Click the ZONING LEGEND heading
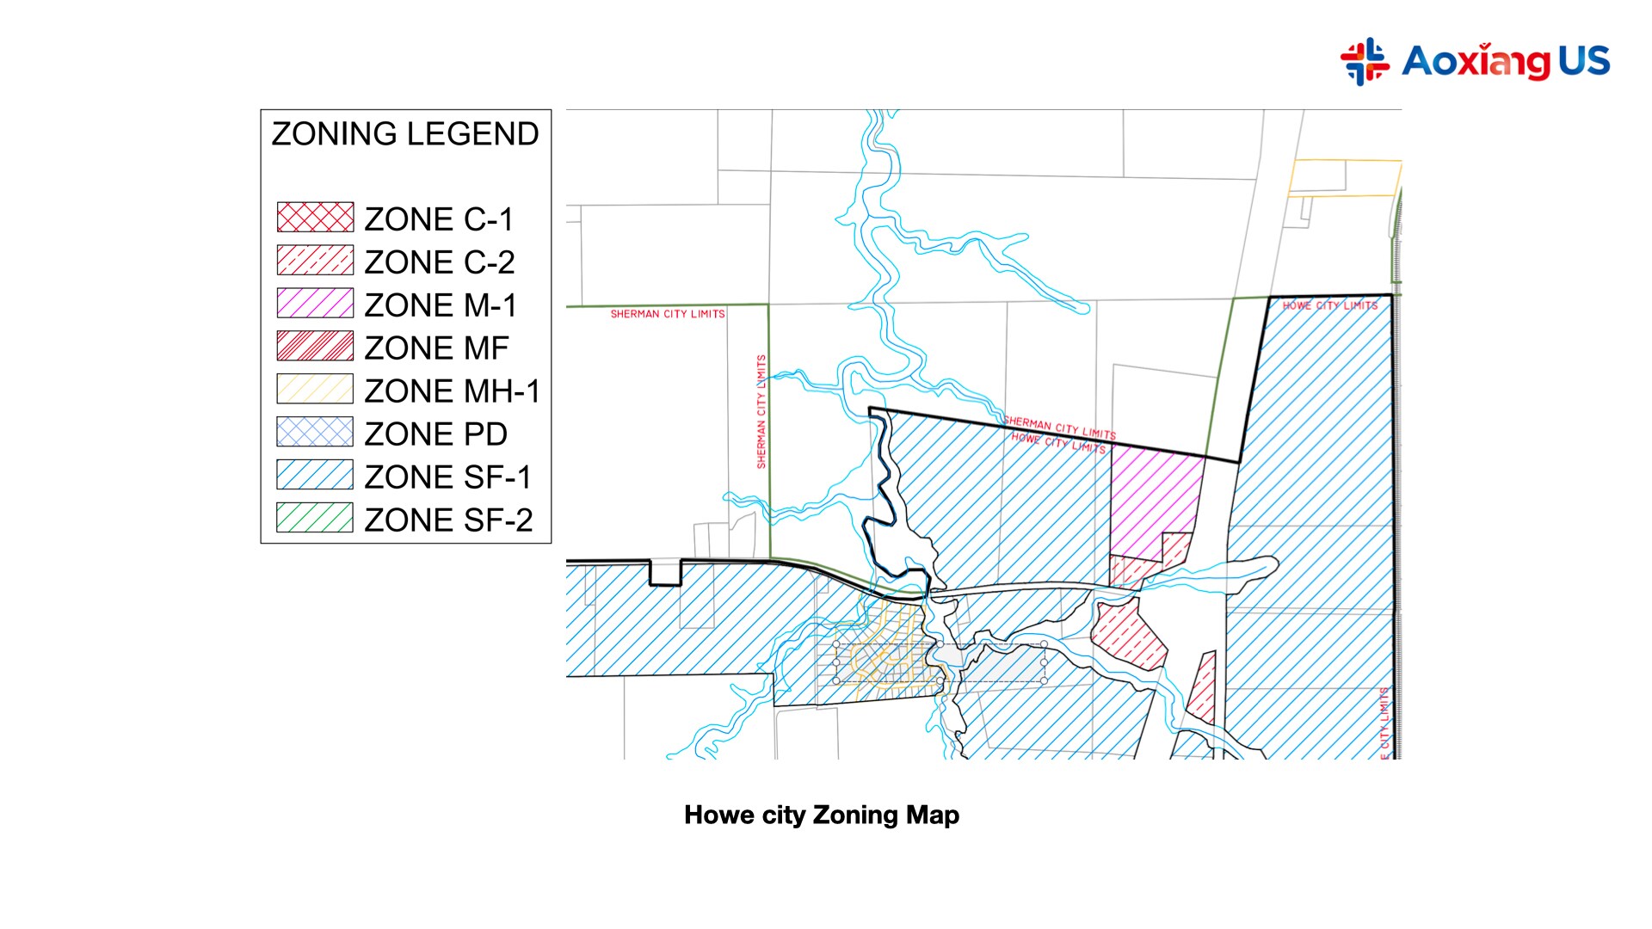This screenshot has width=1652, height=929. point(405,134)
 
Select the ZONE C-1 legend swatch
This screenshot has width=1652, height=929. point(315,218)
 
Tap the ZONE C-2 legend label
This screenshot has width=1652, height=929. point(439,262)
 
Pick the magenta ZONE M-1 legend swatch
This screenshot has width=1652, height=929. point(315,304)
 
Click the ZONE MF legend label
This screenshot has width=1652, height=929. point(436,348)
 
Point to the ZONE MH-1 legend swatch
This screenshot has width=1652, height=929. point(315,390)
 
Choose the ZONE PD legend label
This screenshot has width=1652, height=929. point(435,434)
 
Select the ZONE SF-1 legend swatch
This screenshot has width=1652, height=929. point(315,475)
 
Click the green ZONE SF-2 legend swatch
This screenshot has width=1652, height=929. point(315,518)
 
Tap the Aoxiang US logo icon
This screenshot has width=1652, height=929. point(1365,61)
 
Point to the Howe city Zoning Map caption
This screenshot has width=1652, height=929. point(822,815)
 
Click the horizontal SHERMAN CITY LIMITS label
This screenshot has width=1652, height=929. point(668,314)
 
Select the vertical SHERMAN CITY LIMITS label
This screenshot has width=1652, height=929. point(761,411)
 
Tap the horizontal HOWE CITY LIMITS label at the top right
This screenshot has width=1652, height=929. point(1330,305)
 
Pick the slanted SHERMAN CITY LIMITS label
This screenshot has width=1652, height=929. point(1060,428)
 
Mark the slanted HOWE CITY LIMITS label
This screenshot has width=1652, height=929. point(1058,443)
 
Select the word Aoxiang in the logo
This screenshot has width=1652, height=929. point(1476,61)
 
